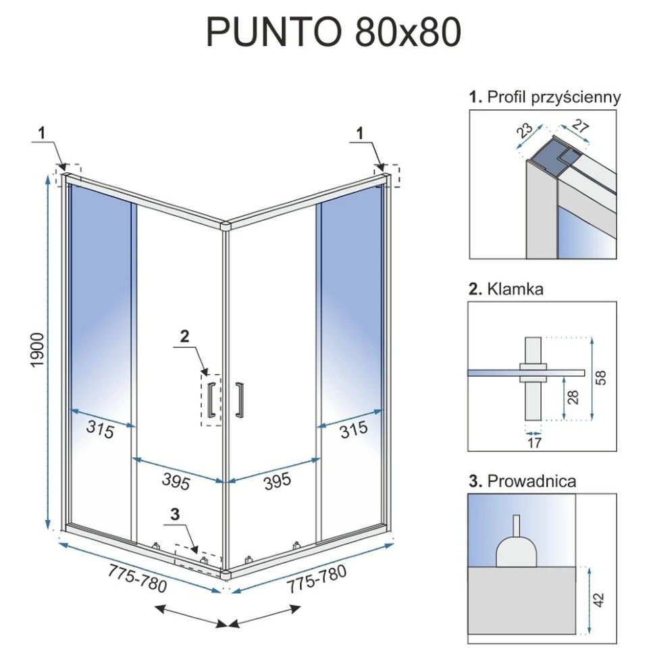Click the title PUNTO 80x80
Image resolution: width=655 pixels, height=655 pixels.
click(x=334, y=32)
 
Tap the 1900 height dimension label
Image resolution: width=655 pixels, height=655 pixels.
click(x=37, y=350)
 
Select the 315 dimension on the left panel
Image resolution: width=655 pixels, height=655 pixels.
click(x=100, y=429)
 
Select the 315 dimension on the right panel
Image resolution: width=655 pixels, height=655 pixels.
click(x=353, y=429)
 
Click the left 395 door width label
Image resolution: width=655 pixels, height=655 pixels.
click(x=176, y=481)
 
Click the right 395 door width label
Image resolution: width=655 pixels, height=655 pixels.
click(x=278, y=481)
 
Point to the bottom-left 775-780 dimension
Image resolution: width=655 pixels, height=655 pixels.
click(x=137, y=578)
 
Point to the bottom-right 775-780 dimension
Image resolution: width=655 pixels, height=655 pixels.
click(x=316, y=578)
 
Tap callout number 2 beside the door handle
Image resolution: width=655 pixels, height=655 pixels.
click(x=184, y=336)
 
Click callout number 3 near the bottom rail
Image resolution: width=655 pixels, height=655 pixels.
click(x=175, y=515)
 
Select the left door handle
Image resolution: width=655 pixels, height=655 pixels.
click(x=211, y=399)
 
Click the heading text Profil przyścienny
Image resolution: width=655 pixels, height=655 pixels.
click(x=554, y=97)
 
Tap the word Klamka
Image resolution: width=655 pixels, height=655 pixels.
click(x=515, y=289)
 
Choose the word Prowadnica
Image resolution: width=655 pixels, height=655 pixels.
click(x=532, y=481)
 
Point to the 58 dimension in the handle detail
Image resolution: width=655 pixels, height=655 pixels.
click(x=600, y=377)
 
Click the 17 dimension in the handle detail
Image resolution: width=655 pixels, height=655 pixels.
click(x=534, y=442)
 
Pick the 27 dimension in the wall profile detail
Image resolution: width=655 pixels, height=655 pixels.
click(x=580, y=126)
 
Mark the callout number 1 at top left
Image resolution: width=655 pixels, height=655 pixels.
click(x=41, y=133)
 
